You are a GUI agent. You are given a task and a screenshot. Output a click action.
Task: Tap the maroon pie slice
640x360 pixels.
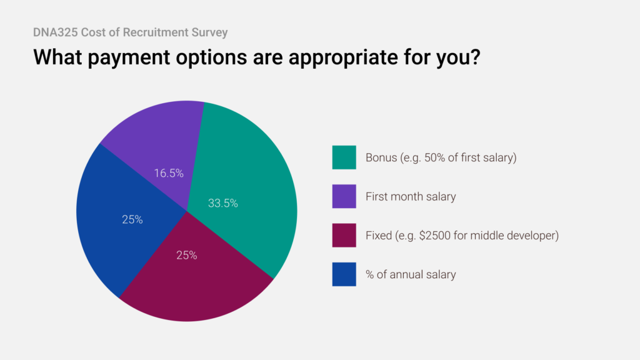(x=194, y=281)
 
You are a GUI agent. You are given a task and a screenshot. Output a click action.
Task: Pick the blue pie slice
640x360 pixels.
(x=119, y=219)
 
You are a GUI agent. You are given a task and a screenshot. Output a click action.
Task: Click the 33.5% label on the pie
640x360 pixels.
(x=222, y=203)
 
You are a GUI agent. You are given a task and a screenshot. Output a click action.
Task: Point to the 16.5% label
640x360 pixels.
(x=169, y=173)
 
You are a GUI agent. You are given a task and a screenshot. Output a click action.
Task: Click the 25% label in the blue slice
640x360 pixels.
(x=132, y=219)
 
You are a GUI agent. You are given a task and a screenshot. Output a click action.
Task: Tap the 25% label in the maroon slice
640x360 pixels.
(x=186, y=255)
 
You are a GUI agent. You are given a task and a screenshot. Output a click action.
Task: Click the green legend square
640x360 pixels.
(x=344, y=157)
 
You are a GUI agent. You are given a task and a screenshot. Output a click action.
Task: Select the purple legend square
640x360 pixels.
(x=344, y=196)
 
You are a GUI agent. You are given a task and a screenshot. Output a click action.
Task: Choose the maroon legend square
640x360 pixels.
(x=344, y=236)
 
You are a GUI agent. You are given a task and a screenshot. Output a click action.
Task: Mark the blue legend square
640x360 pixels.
(x=344, y=274)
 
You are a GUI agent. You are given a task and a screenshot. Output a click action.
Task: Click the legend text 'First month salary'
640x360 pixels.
(x=411, y=197)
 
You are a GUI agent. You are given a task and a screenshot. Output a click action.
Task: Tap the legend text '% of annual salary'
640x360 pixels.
(x=411, y=274)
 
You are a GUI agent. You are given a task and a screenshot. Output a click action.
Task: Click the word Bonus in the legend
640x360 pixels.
(x=381, y=157)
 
